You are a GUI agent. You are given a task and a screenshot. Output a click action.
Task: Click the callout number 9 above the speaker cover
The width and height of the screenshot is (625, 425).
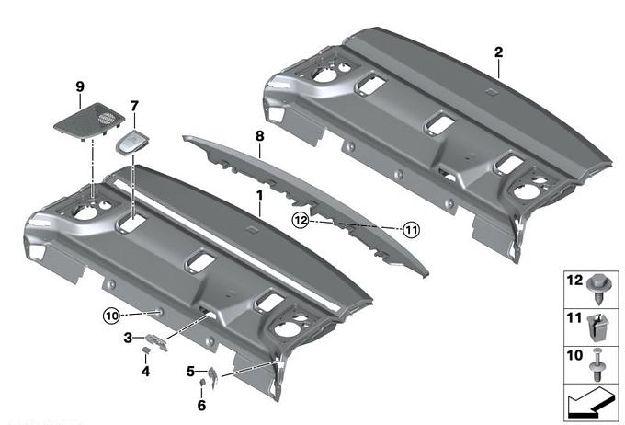click(80, 86)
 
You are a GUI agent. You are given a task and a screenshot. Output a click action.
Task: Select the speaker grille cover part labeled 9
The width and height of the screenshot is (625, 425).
click(89, 121)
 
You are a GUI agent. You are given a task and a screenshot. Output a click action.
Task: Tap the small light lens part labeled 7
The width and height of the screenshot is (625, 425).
click(132, 143)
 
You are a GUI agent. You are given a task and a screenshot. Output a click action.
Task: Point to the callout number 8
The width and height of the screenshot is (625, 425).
click(259, 136)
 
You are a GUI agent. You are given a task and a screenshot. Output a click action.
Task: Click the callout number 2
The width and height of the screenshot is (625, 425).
click(498, 52)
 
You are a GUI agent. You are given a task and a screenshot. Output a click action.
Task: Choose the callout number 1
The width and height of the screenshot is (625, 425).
click(260, 196)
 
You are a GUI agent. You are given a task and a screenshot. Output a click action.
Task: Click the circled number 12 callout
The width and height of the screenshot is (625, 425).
click(301, 220)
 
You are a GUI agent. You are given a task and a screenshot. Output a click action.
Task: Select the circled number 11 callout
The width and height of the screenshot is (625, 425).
click(411, 230)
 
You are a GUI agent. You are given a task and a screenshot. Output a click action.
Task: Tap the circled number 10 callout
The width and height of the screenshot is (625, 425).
click(112, 316)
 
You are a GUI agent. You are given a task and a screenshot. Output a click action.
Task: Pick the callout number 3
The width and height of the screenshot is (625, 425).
click(128, 338)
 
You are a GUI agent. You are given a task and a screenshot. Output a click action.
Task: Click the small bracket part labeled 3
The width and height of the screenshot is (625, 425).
click(156, 343)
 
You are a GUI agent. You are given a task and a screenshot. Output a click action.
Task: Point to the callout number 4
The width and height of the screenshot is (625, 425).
click(145, 371)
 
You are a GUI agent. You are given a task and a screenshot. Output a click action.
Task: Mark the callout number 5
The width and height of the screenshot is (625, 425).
click(191, 372)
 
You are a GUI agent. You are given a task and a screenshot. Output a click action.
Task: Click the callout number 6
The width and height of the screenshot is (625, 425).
click(201, 406)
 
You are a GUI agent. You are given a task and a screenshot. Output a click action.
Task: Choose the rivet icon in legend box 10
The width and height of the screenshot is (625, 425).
click(598, 364)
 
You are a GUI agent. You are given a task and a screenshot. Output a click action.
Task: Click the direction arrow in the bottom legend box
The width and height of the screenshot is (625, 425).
click(590, 403)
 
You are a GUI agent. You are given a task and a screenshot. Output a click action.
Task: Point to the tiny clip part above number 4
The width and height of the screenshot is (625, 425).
click(146, 350)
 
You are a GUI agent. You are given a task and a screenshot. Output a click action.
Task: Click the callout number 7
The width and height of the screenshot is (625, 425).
click(134, 106)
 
